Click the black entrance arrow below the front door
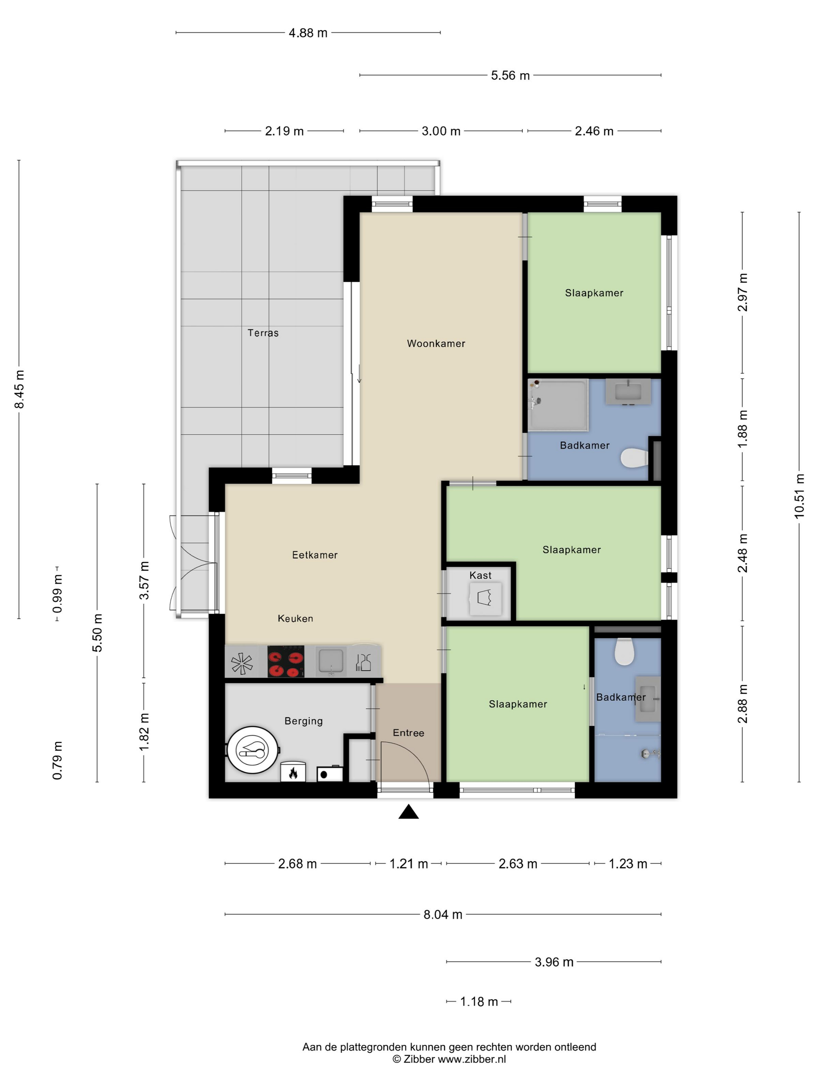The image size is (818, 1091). [x=408, y=812]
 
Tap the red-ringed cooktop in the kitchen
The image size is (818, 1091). [x=286, y=661]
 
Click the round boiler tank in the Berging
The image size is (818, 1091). [x=252, y=750]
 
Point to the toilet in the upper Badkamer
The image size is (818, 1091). [x=634, y=458]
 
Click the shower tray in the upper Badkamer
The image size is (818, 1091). [x=558, y=405]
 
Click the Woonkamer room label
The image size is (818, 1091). [x=436, y=344]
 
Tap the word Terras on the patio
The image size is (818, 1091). [x=263, y=333]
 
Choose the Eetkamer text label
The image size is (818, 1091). [x=315, y=555]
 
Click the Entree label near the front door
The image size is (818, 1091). [x=408, y=733]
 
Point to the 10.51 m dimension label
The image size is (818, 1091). [x=799, y=496]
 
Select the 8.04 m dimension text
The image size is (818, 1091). [x=443, y=914]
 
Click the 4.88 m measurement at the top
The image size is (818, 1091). [x=308, y=33]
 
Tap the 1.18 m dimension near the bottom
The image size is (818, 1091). [x=478, y=1002]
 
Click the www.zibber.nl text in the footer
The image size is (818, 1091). [x=471, y=1059]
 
